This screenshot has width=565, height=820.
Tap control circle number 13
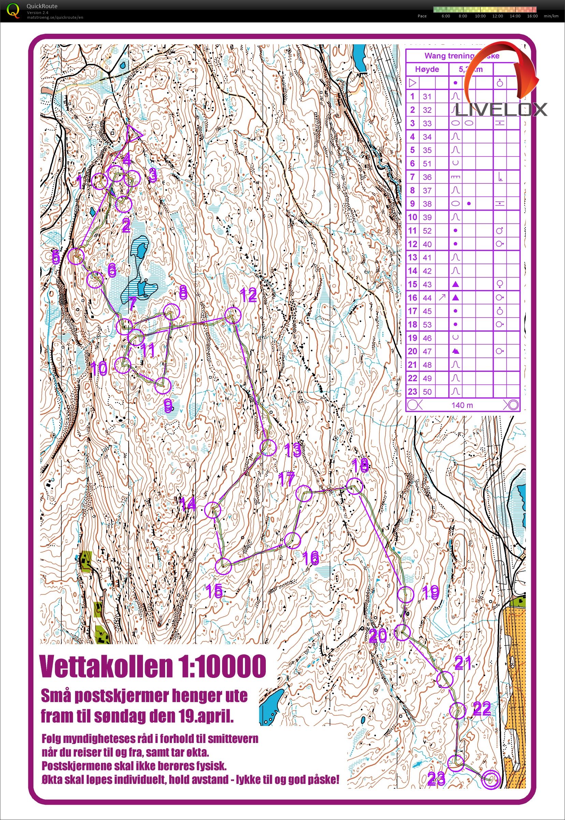tap(268, 447)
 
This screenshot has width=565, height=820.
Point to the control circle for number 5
tap(76, 256)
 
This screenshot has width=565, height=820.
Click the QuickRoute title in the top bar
tap(42, 6)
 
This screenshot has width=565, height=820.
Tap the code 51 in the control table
tap(427, 163)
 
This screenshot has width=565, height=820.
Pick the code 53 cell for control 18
tap(427, 324)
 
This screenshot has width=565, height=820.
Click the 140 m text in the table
tap(462, 405)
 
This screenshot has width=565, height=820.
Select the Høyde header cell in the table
tap(427, 69)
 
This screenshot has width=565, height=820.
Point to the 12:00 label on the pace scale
tap(497, 16)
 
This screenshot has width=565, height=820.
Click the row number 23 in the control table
tap(412, 392)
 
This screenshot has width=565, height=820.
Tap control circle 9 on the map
tap(163, 385)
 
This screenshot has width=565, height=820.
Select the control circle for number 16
tap(292, 540)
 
